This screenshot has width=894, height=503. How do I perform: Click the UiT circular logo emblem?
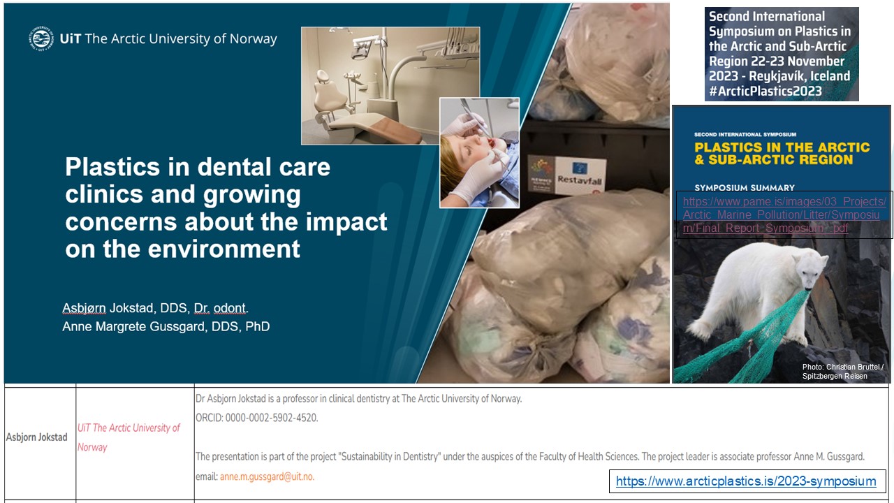tap(41, 38)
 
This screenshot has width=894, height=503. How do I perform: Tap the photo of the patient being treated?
tap(479, 152)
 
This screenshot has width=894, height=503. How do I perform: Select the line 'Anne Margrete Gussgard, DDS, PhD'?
tap(166, 326)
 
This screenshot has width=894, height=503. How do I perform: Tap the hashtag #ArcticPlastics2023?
tap(765, 92)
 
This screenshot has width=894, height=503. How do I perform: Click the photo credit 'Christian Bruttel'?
tap(849, 367)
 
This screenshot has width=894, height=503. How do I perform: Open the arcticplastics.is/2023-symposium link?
tap(745, 481)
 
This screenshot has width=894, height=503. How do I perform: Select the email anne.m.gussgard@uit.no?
tap(267, 476)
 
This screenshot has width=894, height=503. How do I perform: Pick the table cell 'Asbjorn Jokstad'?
tap(37, 437)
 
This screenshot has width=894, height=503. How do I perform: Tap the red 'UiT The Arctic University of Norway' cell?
tap(129, 437)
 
